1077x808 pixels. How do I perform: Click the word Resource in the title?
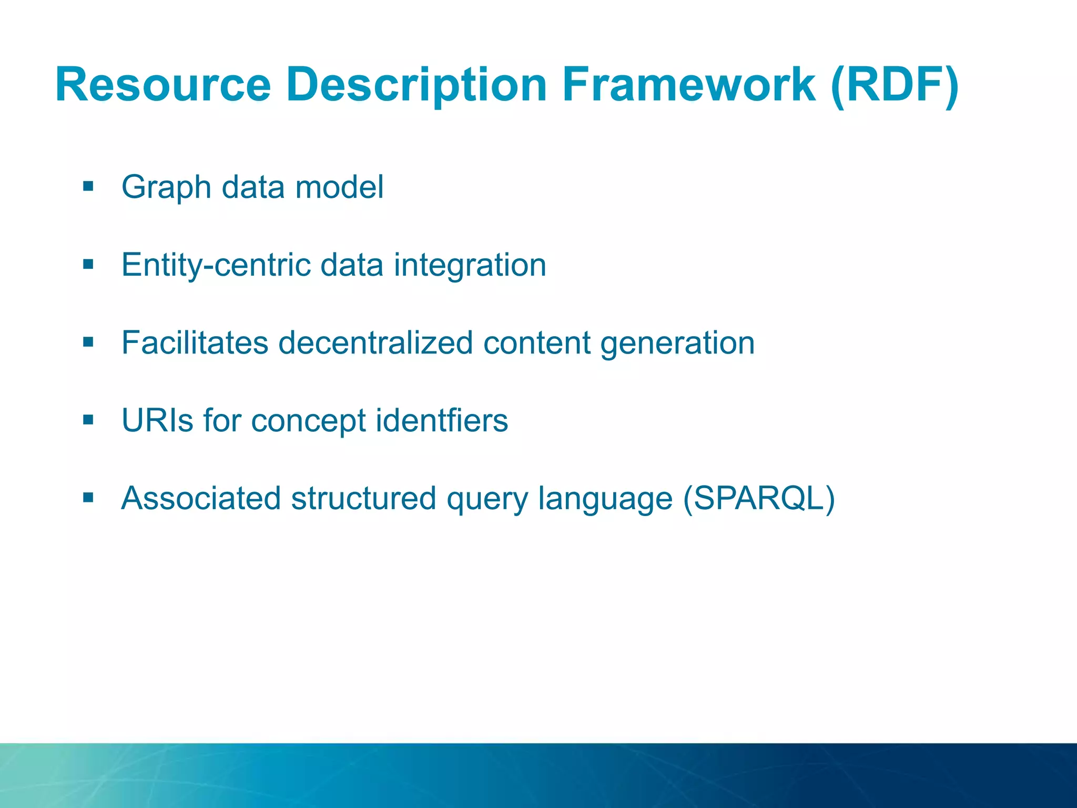click(163, 85)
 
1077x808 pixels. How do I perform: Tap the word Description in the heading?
click(416, 85)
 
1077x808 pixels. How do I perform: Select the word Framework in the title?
click(689, 85)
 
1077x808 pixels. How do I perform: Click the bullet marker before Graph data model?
click(88, 186)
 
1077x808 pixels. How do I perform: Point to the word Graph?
click(166, 188)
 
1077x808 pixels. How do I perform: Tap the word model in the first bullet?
click(339, 187)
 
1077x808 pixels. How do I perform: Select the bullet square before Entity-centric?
click(88, 264)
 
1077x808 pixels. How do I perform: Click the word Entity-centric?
click(216, 265)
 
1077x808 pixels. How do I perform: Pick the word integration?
click(470, 265)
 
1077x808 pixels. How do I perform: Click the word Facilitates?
click(195, 343)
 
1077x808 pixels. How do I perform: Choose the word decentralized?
click(375, 343)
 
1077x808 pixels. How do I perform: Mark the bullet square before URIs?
click(88, 420)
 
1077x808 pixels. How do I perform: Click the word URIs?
click(157, 420)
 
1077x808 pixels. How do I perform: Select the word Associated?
click(200, 498)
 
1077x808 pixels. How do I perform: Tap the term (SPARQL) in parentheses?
click(759, 499)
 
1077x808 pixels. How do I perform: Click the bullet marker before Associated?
click(88, 498)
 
